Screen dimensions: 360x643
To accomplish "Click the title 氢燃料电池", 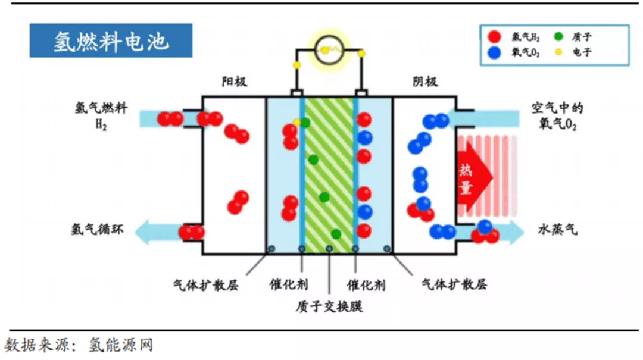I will coord(111,41).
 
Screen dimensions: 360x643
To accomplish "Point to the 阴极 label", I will coord(425,82).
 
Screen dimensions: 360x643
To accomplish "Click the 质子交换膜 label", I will coord(329,306).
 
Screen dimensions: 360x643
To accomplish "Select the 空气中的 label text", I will coord(557,109).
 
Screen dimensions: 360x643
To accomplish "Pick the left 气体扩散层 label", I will coord(205,284).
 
